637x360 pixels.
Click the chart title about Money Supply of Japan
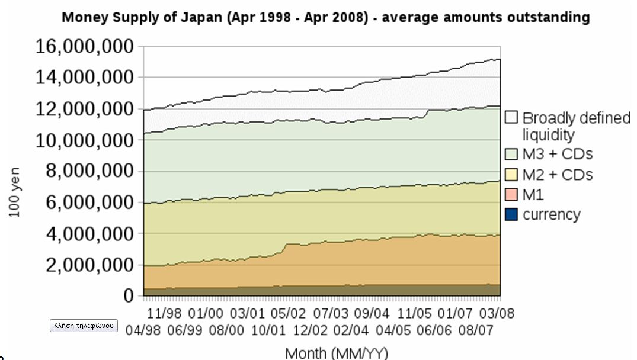click(x=325, y=17)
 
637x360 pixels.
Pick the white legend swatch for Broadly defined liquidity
click(x=512, y=118)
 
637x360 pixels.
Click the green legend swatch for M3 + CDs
click(x=512, y=155)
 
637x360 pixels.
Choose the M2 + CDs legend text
click(x=558, y=175)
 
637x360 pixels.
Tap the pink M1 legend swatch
click(x=512, y=194)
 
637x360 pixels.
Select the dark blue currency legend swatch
click(x=512, y=214)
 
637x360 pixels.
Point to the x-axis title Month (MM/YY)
click(x=337, y=353)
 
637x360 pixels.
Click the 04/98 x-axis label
click(x=143, y=329)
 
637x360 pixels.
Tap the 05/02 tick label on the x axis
click(x=287, y=312)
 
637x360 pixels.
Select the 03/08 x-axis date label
click(x=497, y=312)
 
